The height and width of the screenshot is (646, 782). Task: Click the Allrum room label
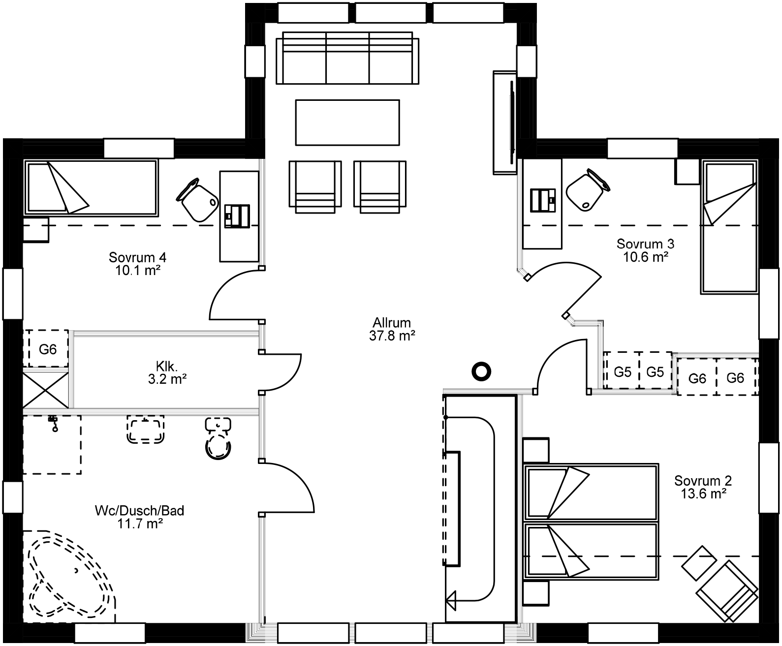[x=391, y=323]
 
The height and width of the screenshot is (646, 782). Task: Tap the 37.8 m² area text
[x=391, y=336]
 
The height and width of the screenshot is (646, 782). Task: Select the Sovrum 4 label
[x=138, y=257]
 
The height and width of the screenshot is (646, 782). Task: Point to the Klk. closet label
[x=166, y=366]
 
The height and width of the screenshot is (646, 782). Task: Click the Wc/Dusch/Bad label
[x=140, y=511]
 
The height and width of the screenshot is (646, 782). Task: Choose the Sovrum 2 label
[x=703, y=480]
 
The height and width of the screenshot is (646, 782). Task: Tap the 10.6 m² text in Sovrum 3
[x=645, y=256]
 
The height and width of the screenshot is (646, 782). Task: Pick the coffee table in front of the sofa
[x=347, y=122]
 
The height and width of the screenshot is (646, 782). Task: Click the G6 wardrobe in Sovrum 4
[x=48, y=349]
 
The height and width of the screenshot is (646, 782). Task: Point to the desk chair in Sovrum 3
[x=586, y=190]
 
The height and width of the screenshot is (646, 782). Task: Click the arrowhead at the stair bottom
[x=450, y=600]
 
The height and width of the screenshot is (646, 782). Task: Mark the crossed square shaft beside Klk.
[x=46, y=390]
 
